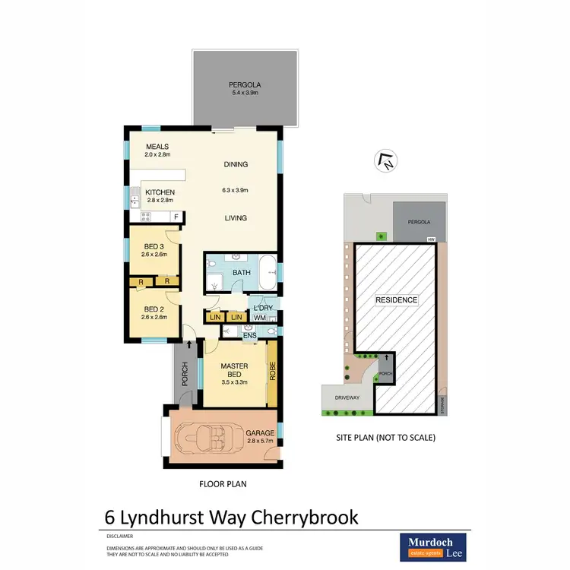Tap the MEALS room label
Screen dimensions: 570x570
pos(157,147)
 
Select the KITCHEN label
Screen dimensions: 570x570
pos(160,192)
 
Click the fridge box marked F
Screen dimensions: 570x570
pos(176,217)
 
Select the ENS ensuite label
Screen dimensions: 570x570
pos(249,334)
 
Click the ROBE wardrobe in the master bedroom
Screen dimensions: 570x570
pos(271,373)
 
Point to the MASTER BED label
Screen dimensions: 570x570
pos(235,370)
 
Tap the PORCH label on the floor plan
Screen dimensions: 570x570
pos(183,373)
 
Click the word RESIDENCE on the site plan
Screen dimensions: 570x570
pos(397,300)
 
